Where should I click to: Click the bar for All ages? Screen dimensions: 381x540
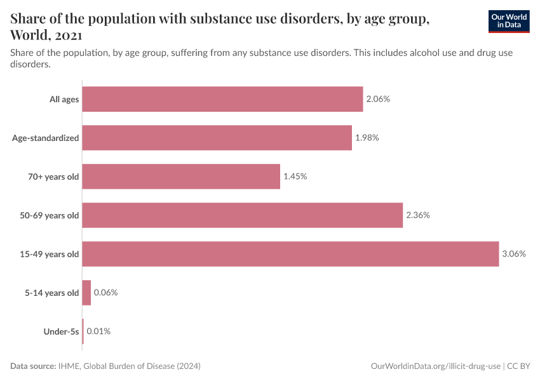click(x=222, y=99)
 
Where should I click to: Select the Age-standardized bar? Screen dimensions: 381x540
click(x=217, y=138)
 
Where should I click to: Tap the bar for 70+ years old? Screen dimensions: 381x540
click(x=181, y=177)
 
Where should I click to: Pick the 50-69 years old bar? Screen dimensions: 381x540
click(x=242, y=215)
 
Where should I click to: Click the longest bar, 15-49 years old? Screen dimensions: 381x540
click(x=290, y=254)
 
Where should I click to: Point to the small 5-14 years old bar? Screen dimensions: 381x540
click(x=86, y=293)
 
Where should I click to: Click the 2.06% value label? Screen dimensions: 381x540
click(x=377, y=99)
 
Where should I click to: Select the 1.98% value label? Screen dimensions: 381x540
click(x=367, y=138)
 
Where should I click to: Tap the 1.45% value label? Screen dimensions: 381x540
click(x=295, y=177)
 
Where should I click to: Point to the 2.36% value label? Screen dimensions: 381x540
click(x=417, y=215)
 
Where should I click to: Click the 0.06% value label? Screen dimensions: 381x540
click(x=105, y=293)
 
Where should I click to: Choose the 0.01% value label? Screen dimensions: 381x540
click(x=98, y=331)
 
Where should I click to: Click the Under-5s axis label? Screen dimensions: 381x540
click(x=62, y=331)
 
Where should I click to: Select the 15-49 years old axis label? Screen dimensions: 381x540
click(x=50, y=254)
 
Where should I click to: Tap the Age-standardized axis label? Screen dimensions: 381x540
click(x=46, y=138)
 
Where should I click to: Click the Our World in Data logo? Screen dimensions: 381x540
click(x=510, y=21)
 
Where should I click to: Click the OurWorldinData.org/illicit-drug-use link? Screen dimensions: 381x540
click(x=435, y=366)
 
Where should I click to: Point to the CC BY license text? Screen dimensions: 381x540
click(x=518, y=366)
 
